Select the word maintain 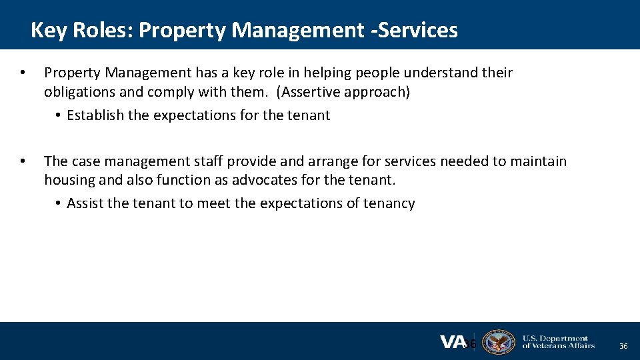(x=537, y=161)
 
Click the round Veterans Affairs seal (x=498, y=341)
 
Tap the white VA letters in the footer (x=452, y=341)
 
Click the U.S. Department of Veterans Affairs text (x=558, y=341)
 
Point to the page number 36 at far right (x=623, y=346)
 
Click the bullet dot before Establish (x=59, y=115)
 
